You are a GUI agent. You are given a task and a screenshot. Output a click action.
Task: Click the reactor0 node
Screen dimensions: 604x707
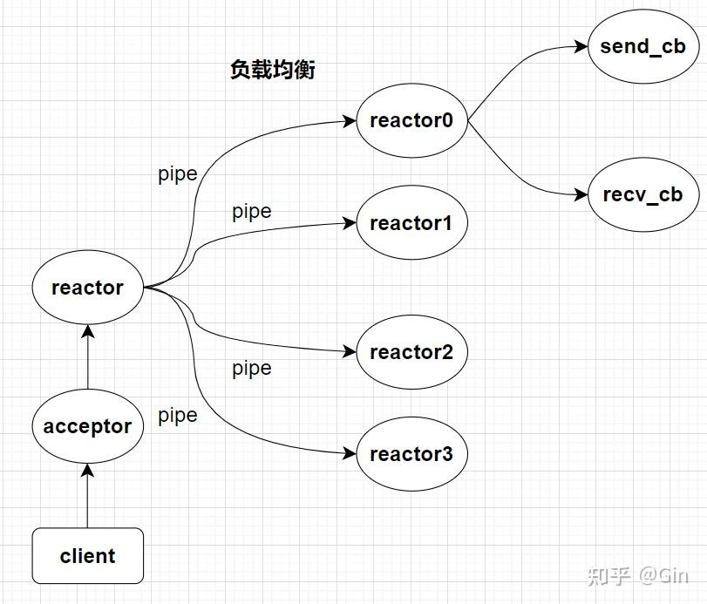[411, 120]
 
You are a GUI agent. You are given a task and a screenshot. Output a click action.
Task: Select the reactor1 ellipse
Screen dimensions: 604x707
[411, 223]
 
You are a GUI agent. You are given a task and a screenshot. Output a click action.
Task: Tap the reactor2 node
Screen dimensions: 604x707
[411, 352]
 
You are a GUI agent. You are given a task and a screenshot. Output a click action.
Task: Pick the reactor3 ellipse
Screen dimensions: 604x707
[411, 454]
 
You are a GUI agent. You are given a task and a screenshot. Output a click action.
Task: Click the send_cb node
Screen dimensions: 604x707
[643, 46]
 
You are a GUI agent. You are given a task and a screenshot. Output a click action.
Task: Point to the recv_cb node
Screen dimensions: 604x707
[643, 194]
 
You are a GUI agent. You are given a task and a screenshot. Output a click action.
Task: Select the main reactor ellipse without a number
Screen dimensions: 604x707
[87, 288]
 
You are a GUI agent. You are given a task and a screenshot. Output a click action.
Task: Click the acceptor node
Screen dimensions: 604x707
[87, 426]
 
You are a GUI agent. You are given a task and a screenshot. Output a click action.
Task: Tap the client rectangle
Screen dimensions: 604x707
[87, 555]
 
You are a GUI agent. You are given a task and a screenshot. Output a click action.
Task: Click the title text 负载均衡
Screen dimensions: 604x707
[272, 70]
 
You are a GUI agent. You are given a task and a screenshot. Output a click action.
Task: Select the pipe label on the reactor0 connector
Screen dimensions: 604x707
[178, 173]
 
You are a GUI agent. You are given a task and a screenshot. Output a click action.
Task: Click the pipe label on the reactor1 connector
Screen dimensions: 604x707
[252, 211]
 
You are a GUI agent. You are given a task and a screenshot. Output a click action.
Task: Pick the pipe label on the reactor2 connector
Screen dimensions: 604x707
[252, 368]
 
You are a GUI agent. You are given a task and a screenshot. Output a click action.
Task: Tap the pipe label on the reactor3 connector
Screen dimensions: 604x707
[178, 415]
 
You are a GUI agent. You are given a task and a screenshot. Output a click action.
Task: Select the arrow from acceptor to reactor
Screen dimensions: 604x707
[87, 357]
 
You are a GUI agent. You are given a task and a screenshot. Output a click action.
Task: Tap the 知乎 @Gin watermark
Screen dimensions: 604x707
[637, 575]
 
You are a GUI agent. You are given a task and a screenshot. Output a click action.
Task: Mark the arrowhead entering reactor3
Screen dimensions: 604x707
[351, 454]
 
